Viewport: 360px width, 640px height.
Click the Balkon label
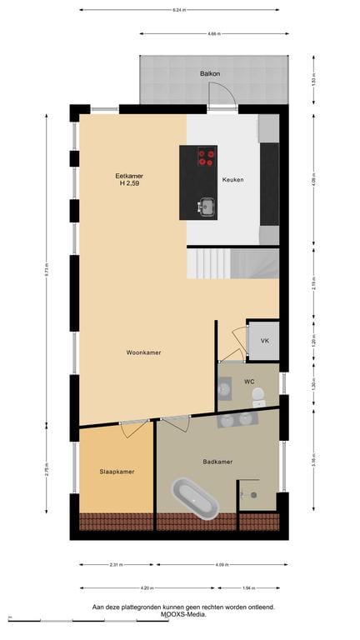pyautogui.click(x=210, y=74)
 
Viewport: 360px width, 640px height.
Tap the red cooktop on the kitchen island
pyautogui.click(x=206, y=157)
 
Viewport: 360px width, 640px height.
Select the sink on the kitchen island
pyautogui.click(x=205, y=206)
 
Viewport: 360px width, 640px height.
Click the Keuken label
pyautogui.click(x=232, y=179)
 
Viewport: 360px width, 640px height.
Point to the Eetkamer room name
pyautogui.click(x=129, y=176)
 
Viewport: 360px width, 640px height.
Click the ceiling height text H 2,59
pyautogui.click(x=129, y=184)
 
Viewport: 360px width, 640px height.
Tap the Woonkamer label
pyautogui.click(x=143, y=352)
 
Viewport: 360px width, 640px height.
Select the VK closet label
pyautogui.click(x=264, y=342)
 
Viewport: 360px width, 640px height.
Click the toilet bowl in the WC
pyautogui.click(x=257, y=394)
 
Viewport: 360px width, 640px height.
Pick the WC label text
pyautogui.click(x=248, y=381)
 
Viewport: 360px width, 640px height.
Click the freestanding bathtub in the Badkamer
pyautogui.click(x=195, y=498)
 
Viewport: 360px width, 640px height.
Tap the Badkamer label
pyautogui.click(x=217, y=461)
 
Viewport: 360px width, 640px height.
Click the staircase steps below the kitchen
pyautogui.click(x=232, y=264)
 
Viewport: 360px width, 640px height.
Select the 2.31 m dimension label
pyautogui.click(x=117, y=565)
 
